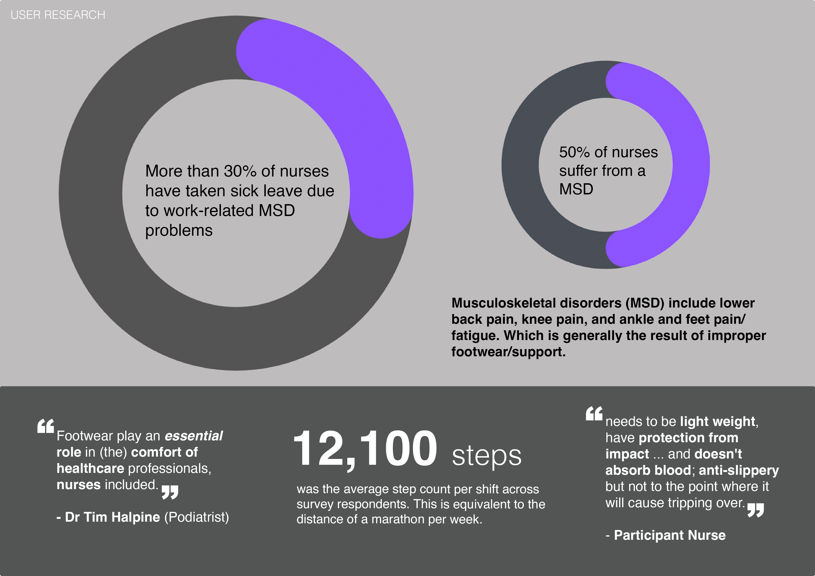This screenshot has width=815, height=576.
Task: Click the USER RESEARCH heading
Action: coord(58,15)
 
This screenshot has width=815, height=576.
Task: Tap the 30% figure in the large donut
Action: coord(240,171)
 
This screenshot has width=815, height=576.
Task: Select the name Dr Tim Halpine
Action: coord(112,517)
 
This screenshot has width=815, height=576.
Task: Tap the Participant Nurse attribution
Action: coord(670,535)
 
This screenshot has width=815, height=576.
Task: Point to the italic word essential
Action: coord(194,436)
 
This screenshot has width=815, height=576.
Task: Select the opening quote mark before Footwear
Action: coord(46,426)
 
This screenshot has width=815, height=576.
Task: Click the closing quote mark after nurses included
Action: coord(170,492)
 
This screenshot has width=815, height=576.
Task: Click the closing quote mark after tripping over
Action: coord(755,510)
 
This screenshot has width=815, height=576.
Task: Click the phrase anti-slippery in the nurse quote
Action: coord(739,470)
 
